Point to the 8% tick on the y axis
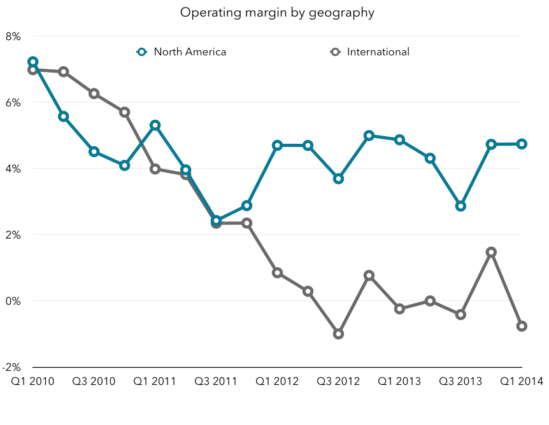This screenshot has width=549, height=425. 13,36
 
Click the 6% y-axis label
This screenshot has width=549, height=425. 13,102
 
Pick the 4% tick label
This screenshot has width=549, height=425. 13,169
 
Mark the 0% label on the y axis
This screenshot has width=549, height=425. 13,301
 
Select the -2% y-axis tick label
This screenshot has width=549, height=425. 11,367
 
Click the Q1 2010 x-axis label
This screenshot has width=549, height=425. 32,381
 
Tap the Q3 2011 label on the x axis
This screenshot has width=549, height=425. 216,381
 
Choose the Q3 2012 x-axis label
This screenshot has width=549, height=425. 338,381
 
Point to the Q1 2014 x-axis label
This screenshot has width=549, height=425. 522,381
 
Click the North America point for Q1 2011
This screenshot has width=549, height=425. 155,125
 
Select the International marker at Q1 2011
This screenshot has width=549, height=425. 155,169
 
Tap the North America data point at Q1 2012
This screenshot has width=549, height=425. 277,145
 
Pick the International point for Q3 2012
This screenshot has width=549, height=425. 338,334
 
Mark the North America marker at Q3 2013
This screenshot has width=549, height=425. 460,206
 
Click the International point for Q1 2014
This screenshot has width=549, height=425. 522,326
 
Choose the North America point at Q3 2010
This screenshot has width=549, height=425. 94,151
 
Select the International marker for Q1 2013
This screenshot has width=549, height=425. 399,309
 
